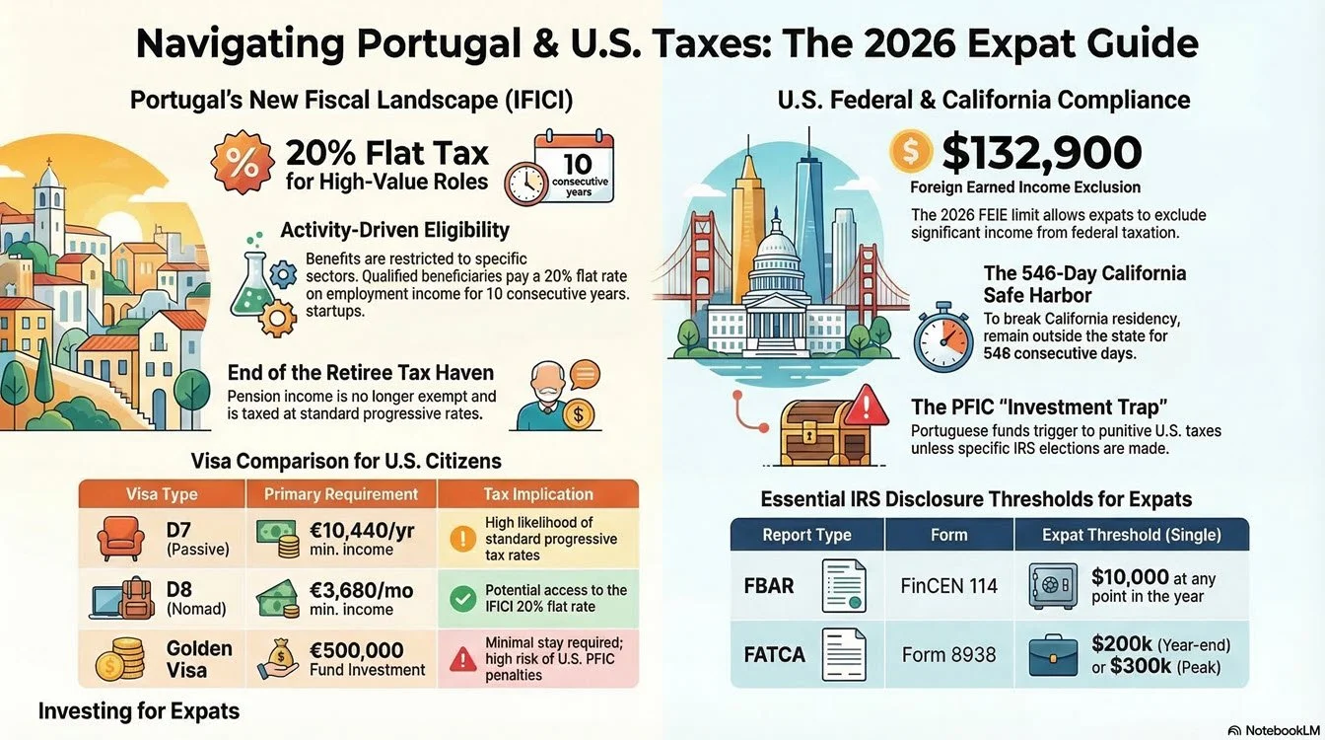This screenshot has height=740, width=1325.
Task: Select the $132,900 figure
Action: (1041, 153)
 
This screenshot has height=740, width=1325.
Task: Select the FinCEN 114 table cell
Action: (948, 585)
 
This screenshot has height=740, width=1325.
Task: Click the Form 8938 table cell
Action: (948, 654)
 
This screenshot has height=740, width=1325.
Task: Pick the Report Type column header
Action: (806, 535)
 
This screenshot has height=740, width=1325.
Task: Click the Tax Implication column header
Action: (537, 494)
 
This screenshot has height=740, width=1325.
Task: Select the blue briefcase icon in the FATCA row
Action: (1053, 655)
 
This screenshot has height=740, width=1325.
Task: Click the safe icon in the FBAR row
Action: (1051, 586)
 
